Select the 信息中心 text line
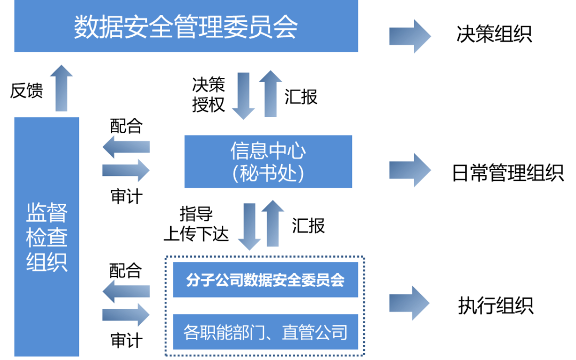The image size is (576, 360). (x=268, y=151)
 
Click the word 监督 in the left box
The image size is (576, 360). (x=47, y=214)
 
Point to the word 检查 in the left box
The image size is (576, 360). (x=47, y=238)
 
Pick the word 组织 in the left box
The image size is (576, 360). (x=47, y=262)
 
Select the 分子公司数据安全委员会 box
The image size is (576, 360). (x=265, y=280)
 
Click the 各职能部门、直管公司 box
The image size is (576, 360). (x=265, y=332)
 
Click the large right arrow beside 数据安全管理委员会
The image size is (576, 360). (x=410, y=36)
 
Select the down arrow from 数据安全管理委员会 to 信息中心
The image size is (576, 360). (x=243, y=96)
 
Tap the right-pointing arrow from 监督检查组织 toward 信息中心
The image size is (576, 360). (x=126, y=170)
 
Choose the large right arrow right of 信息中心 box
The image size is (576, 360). (x=410, y=170)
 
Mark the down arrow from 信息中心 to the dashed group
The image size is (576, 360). (x=249, y=226)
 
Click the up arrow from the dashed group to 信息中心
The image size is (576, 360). (x=273, y=223)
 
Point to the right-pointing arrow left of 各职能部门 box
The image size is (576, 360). (x=126, y=315)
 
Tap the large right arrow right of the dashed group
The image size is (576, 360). (x=410, y=303)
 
